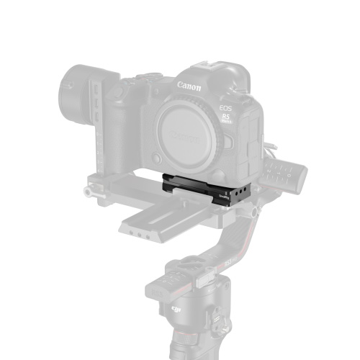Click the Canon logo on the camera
click(x=189, y=85)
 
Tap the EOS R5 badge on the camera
click(x=226, y=115)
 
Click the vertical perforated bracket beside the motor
click(x=95, y=108)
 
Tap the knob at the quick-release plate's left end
click(x=88, y=192)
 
